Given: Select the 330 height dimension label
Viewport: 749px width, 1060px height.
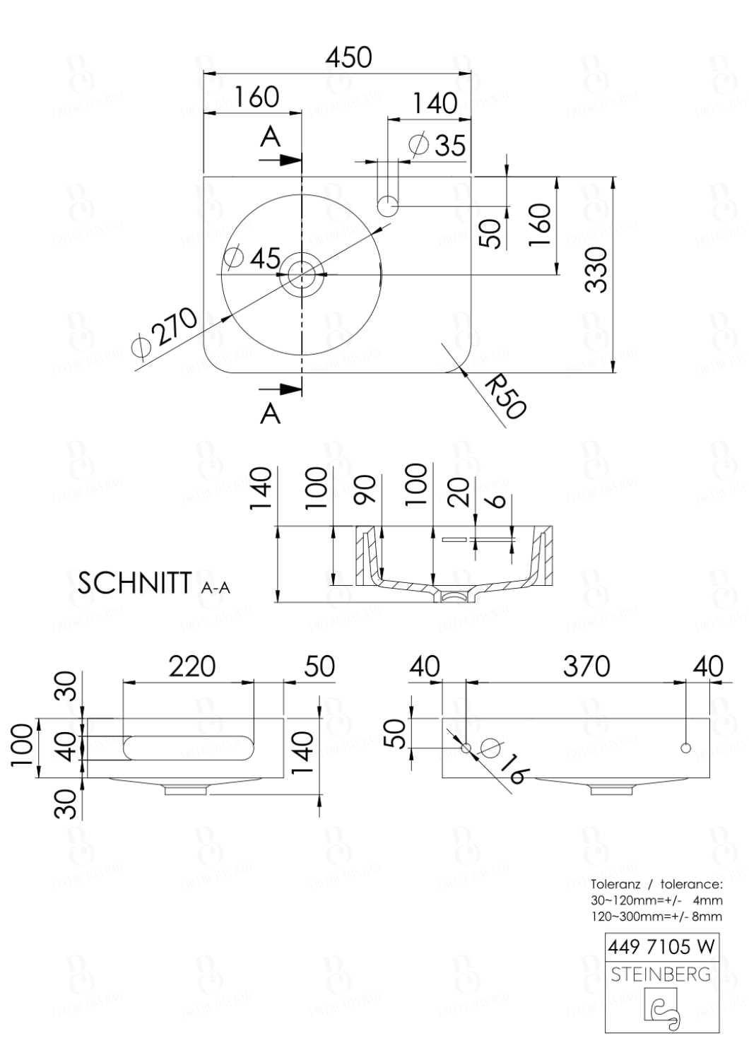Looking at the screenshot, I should (597, 270).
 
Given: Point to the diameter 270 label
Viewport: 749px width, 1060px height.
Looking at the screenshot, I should (166, 334).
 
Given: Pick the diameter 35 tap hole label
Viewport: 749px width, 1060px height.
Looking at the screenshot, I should (438, 145).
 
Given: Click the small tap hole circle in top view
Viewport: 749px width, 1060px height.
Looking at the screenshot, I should (388, 206).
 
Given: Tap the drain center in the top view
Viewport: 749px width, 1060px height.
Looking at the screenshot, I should (302, 273).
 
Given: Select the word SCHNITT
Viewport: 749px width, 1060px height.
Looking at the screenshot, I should (134, 584).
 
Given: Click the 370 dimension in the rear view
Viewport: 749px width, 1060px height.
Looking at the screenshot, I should (586, 666).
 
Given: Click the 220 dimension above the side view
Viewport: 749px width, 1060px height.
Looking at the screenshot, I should (191, 666).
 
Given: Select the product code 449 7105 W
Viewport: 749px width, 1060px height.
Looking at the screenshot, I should (661, 946).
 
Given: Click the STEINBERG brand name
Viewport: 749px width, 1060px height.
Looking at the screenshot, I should (661, 974).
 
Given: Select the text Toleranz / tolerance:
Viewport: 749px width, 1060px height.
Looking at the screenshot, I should (656, 884).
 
